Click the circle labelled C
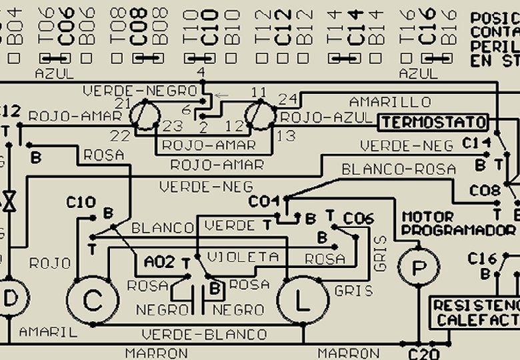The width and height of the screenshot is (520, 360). click(93, 302)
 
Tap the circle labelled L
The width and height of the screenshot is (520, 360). click(302, 303)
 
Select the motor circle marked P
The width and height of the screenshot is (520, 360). click(418, 267)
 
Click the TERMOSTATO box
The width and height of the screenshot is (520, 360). click(434, 123)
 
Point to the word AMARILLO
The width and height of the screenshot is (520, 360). click(391, 102)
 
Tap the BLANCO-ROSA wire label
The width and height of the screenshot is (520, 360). click(399, 169)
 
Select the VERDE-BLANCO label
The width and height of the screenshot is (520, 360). click(204, 334)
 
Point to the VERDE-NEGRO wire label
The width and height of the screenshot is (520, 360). click(140, 90)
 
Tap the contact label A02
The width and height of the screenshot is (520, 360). click(159, 262)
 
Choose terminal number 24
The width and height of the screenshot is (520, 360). click(287, 99)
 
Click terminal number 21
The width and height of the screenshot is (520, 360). click(123, 103)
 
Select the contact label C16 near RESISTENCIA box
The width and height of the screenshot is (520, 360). click(482, 258)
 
